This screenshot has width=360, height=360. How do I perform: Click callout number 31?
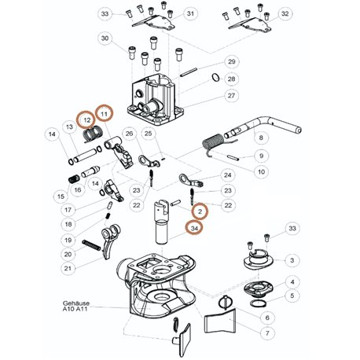pyautogui.click(x=190, y=13)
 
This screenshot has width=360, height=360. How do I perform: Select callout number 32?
pyautogui.click(x=285, y=13)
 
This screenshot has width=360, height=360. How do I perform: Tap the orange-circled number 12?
pyautogui.click(x=86, y=120)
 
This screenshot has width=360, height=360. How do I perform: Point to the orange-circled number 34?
pyautogui.click(x=194, y=228)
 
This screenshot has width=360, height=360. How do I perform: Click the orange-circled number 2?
pyautogui.click(x=200, y=211)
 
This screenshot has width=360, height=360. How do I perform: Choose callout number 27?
pyautogui.click(x=231, y=96)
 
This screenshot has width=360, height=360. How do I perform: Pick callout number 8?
pyautogui.click(x=261, y=138)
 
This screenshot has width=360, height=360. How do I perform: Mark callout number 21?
pyautogui.click(x=68, y=268)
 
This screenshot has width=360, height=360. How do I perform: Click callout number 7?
pyautogui.click(x=267, y=333)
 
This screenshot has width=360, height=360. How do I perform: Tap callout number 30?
pyautogui.click(x=105, y=39)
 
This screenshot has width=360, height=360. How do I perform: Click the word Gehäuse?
pyautogui.click(x=76, y=303)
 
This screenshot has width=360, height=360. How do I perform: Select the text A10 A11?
pyautogui.click(x=75, y=309)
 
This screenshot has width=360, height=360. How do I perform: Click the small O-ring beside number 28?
pyautogui.click(x=216, y=78)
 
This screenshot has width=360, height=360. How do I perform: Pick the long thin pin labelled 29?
pyautogui.click(x=189, y=72)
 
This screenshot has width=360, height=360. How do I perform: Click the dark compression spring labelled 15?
pyautogui.click(x=74, y=179)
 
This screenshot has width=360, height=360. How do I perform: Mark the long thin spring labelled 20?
pyautogui.click(x=91, y=245)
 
